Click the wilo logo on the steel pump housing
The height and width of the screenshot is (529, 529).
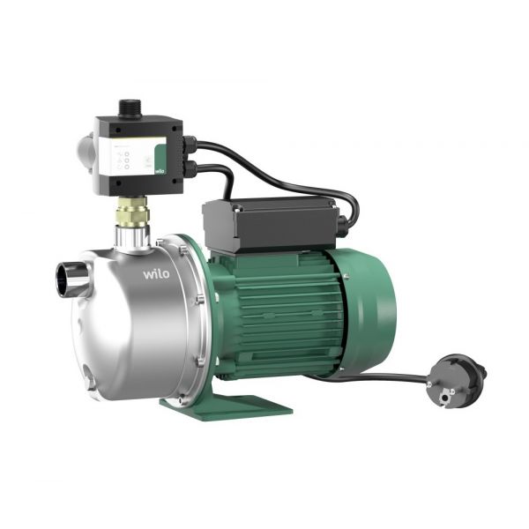point(156,273)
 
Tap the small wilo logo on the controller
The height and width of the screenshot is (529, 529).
point(160,171)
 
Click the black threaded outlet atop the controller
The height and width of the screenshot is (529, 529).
point(130,108)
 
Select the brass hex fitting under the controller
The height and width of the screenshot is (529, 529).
point(132,212)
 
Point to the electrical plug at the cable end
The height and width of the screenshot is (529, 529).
point(456,381)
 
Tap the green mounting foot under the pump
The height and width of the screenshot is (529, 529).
point(226,407)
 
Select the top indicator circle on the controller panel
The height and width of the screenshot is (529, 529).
point(127,154)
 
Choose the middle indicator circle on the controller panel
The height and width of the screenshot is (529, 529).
point(127,160)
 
